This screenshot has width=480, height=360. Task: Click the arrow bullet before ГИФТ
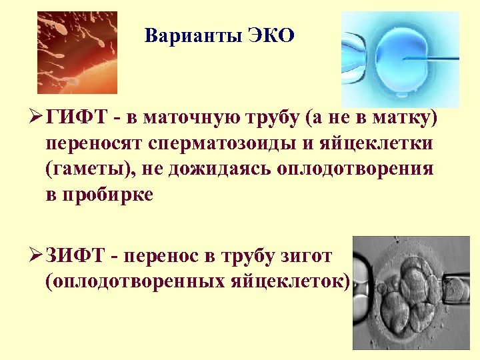pyautogui.click(x=38, y=119)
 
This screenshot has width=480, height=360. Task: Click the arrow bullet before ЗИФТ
pyautogui.click(x=38, y=255)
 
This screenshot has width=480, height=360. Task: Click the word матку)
pyautogui.click(x=407, y=119)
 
